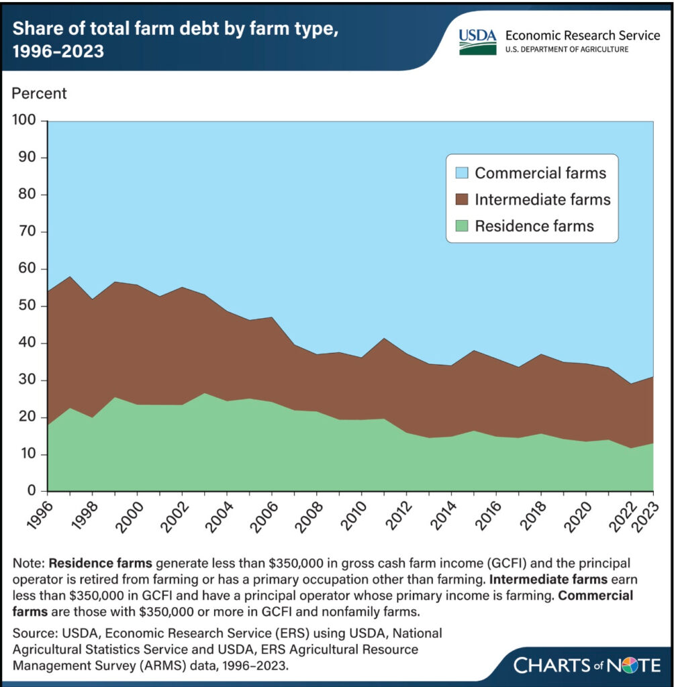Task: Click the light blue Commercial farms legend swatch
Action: [x=462, y=172]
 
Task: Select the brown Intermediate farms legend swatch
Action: [x=462, y=199]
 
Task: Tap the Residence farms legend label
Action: [x=534, y=226]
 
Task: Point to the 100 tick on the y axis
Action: [x=25, y=119]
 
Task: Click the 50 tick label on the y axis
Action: [x=27, y=305]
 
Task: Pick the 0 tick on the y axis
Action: [x=32, y=490]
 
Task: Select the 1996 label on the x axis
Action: [x=40, y=515]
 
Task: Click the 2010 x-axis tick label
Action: [x=354, y=516]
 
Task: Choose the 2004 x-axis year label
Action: [x=220, y=516]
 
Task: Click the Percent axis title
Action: [x=39, y=93]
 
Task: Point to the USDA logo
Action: [x=477, y=42]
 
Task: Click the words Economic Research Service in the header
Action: [x=583, y=35]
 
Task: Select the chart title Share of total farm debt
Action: [x=175, y=40]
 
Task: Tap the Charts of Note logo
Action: [x=587, y=665]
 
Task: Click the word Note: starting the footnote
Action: [x=29, y=563]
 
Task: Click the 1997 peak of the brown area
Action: [x=70, y=277]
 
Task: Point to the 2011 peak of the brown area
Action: [x=384, y=338]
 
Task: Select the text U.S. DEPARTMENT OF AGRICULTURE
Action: [x=567, y=49]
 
